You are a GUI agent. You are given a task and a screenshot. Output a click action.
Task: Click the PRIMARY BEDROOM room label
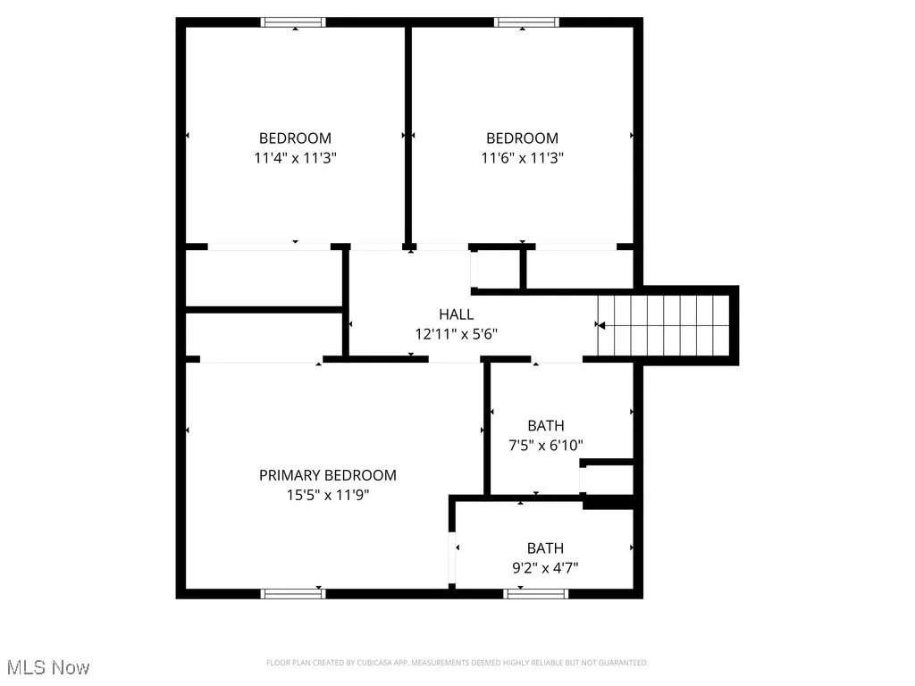(327, 475)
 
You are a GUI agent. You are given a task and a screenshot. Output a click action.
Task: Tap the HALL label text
(456, 314)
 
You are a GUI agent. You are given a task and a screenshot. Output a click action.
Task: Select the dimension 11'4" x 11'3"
(295, 157)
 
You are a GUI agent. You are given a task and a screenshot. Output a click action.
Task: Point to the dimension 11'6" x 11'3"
(522, 157)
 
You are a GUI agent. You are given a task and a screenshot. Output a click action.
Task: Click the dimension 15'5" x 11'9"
(327, 495)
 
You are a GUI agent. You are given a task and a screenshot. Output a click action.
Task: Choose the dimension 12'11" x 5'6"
(456, 334)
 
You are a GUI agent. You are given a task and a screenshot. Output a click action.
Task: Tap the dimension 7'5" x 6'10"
(545, 445)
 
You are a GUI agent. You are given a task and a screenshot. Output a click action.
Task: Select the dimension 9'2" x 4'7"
(545, 567)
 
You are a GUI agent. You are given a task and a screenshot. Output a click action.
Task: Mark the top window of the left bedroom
(293, 22)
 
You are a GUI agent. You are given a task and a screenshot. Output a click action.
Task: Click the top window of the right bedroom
(526, 22)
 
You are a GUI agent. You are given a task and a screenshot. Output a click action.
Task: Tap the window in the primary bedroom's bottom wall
(292, 592)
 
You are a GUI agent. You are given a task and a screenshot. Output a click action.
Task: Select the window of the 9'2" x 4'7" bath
(524, 592)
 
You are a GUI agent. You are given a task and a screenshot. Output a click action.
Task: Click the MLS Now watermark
(48, 667)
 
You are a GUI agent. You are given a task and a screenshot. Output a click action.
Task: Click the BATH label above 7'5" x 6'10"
(545, 426)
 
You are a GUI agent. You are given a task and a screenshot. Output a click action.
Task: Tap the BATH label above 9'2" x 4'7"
(545, 548)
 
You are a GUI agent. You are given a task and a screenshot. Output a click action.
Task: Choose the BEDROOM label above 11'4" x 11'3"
(295, 138)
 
